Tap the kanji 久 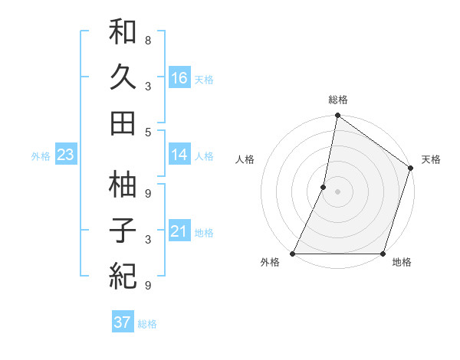pyautogui.click(x=123, y=77)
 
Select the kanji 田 pyautogui.click(x=123, y=122)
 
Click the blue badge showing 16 pyautogui.click(x=179, y=77)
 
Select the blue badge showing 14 pyautogui.click(x=179, y=155)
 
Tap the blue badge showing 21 pyautogui.click(x=179, y=232)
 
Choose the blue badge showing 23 pyautogui.click(x=66, y=155)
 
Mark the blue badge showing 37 pyautogui.click(x=122, y=322)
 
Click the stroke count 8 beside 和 pyautogui.click(x=148, y=39)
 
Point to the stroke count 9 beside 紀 pyautogui.click(x=148, y=286)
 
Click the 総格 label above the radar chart pyautogui.click(x=337, y=100)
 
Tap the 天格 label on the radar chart pyautogui.click(x=431, y=159)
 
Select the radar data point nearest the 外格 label pyautogui.click(x=294, y=254)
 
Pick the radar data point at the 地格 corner pyautogui.click(x=383, y=254)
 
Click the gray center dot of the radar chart pyautogui.click(x=337, y=191)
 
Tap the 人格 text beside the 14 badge pyautogui.click(x=204, y=155)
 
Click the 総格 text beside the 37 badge pyautogui.click(x=147, y=323)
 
